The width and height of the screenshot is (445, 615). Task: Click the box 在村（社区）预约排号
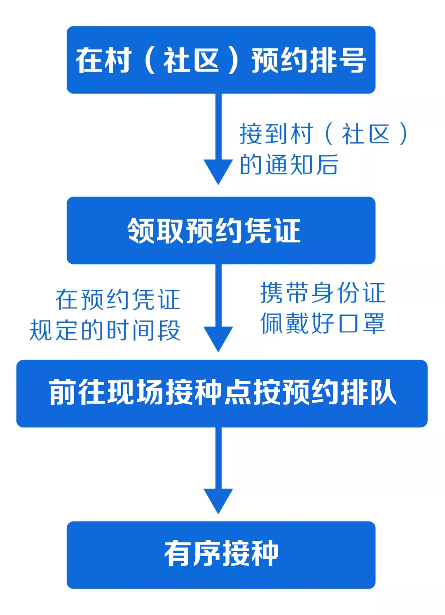tap(221, 60)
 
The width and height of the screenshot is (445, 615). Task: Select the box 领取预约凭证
tap(221, 230)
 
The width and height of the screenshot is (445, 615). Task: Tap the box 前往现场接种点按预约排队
tap(222, 393)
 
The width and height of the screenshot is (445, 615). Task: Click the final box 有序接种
tap(221, 555)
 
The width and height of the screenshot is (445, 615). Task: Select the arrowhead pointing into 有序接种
tap(218, 500)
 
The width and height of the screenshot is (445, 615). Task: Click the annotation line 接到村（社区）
tap(324, 134)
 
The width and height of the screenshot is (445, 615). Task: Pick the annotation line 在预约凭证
tap(118, 300)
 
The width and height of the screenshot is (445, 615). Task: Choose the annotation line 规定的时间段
tap(105, 331)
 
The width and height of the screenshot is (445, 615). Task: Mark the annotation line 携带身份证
tap(323, 293)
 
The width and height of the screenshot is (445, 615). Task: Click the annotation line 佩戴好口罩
tap(323, 323)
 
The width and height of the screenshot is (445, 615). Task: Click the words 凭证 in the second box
tap(272, 231)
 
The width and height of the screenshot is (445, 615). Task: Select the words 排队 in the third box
tap(368, 392)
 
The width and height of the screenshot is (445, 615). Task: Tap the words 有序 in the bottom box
tap(193, 554)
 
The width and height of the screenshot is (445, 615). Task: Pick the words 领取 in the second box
tap(155, 231)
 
